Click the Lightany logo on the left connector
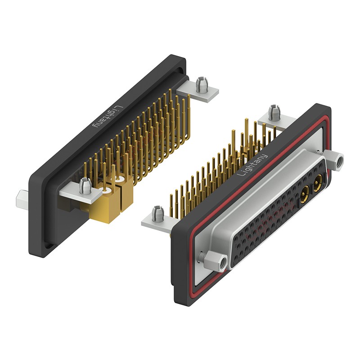pyautogui.click(x=107, y=117)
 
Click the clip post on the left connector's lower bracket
pyautogui.click(x=85, y=186)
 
